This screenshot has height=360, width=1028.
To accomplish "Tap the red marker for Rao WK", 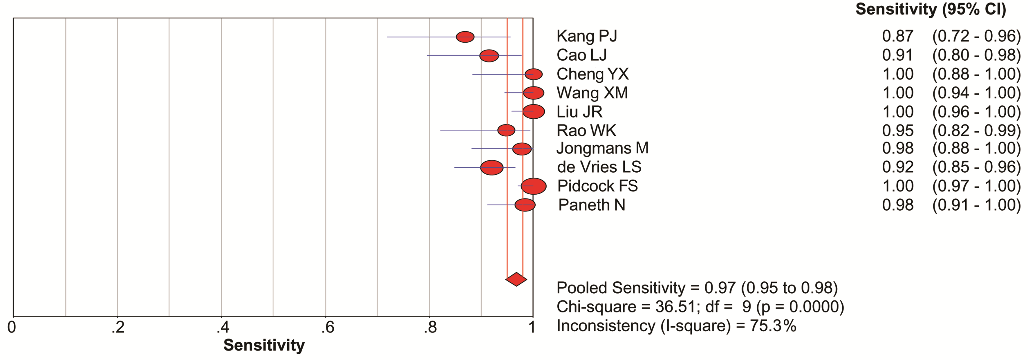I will (x=506, y=131).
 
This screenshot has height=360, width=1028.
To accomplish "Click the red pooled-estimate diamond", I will (x=516, y=279).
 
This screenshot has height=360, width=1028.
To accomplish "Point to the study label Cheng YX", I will (x=592, y=74).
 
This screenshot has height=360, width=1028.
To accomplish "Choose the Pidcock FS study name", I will (x=597, y=186).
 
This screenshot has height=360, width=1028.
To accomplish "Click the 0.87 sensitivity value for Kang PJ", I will (x=897, y=36).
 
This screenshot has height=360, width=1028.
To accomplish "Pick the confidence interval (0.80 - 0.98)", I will (x=976, y=55).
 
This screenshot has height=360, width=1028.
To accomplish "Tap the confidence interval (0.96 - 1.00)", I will (x=976, y=112).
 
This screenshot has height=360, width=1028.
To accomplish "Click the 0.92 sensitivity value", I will (x=897, y=167).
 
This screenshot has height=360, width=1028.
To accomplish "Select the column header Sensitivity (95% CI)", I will (x=931, y=10).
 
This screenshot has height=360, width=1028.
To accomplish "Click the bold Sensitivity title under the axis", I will (x=264, y=345).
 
